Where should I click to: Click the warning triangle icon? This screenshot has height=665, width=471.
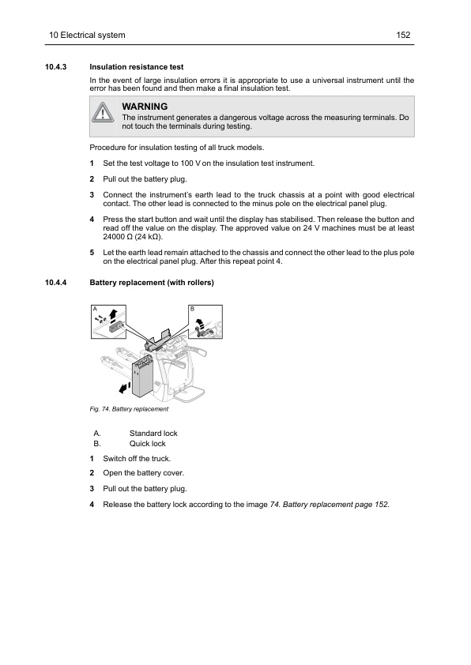(x=103, y=112)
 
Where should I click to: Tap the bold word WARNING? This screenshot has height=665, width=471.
(x=145, y=107)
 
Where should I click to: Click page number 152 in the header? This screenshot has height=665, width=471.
(x=403, y=36)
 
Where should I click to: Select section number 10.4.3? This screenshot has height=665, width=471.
(x=56, y=67)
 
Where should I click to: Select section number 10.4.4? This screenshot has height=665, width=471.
(x=56, y=283)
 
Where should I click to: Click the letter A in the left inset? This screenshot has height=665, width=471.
(x=95, y=309)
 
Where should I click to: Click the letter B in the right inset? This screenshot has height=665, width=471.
(x=192, y=309)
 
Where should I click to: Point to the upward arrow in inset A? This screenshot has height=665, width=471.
(x=113, y=314)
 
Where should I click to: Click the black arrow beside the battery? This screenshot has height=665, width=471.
(x=124, y=387)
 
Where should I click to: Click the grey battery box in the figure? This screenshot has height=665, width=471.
(x=142, y=377)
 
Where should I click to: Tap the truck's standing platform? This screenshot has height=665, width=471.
(x=190, y=394)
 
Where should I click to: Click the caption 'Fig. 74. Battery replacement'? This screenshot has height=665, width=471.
(x=129, y=409)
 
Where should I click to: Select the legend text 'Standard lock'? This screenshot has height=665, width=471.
(x=153, y=434)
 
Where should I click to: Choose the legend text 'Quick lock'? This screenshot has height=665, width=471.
(x=147, y=444)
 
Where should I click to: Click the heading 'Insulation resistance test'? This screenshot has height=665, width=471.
(x=137, y=67)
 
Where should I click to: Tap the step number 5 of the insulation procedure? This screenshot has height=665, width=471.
(x=92, y=253)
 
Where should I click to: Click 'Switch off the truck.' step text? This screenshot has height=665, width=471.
(x=137, y=459)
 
